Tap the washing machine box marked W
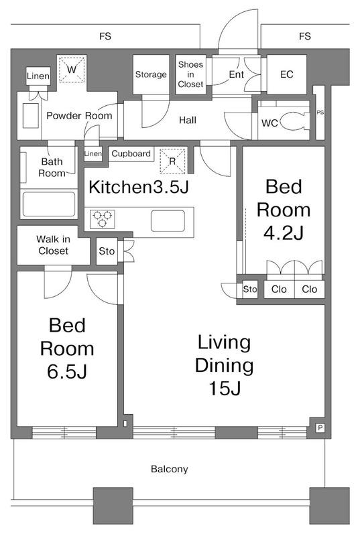point(72,70)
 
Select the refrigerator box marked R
point(172,161)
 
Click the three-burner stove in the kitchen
point(103,219)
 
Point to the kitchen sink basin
point(168,221)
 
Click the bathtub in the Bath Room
point(49,204)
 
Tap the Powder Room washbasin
point(31,115)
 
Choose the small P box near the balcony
point(320,427)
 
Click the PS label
point(320,113)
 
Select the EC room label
point(286,74)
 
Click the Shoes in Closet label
point(190,74)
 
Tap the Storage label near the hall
point(151,74)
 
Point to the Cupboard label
point(131,154)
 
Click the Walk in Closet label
point(54,245)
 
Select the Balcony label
point(169,469)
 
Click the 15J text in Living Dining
point(225,388)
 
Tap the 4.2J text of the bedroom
point(284,233)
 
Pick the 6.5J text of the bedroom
point(67,372)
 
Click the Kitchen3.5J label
point(139,187)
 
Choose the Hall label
point(188,120)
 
